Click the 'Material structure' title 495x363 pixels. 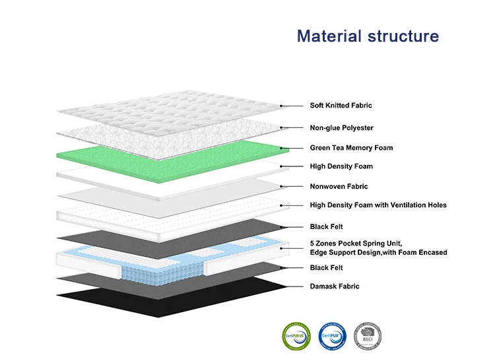coord(368,36)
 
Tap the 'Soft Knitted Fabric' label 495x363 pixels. coord(341,105)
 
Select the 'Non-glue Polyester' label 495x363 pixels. coord(341,127)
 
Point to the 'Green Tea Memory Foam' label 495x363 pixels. coord(351,148)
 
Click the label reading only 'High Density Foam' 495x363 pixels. coord(341,166)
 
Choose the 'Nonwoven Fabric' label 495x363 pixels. coord(339,187)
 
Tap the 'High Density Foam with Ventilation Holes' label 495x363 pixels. coord(378,205)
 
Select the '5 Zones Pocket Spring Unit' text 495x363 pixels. coord(356,244)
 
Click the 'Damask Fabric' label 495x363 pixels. coord(335,286)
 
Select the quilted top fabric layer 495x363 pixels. coord(165,109)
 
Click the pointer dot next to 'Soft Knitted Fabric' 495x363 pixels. coord(282,105)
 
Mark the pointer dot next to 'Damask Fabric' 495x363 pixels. coord(282,286)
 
